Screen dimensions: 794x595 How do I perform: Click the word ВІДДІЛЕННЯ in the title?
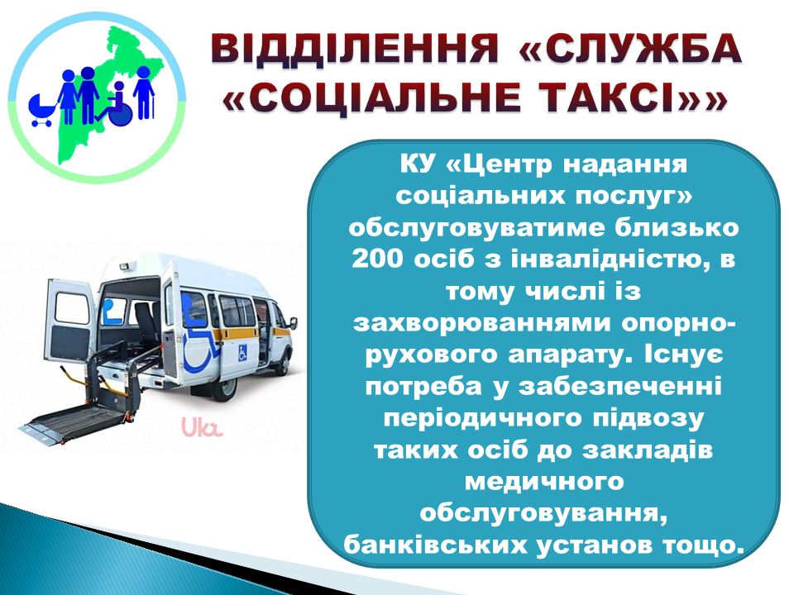tap(355, 49)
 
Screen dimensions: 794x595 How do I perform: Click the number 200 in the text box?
tap(377, 259)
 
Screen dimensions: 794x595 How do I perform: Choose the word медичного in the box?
tap(544, 482)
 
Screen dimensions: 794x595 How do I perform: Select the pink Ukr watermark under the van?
tap(202, 426)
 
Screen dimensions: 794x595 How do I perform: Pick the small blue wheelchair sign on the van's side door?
tap(242, 353)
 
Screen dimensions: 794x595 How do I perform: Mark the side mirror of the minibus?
tap(293, 324)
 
